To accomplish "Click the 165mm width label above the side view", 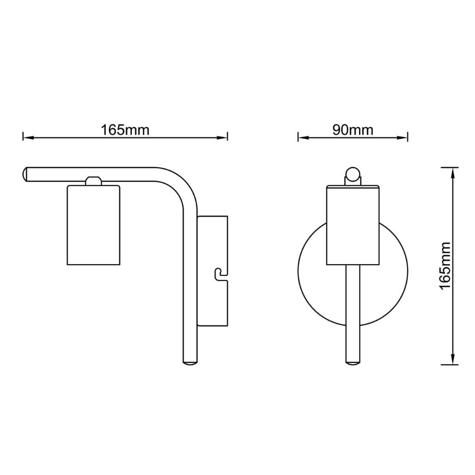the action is pyautogui.click(x=125, y=130).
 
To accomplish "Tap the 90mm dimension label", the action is pyautogui.click(x=352, y=130).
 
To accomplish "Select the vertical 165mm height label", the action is pyautogui.click(x=445, y=266).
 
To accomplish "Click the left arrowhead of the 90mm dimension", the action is pyautogui.click(x=303, y=138).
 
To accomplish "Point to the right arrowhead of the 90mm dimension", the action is pyautogui.click(x=402, y=138).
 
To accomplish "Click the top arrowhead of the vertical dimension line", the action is pyautogui.click(x=453, y=173).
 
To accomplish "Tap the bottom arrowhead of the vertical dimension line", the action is pyautogui.click(x=453, y=359).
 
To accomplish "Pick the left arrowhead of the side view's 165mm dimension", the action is pyautogui.click(x=29, y=138).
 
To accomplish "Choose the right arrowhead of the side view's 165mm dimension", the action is pyautogui.click(x=222, y=138).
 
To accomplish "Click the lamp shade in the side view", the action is pyautogui.click(x=93, y=225).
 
